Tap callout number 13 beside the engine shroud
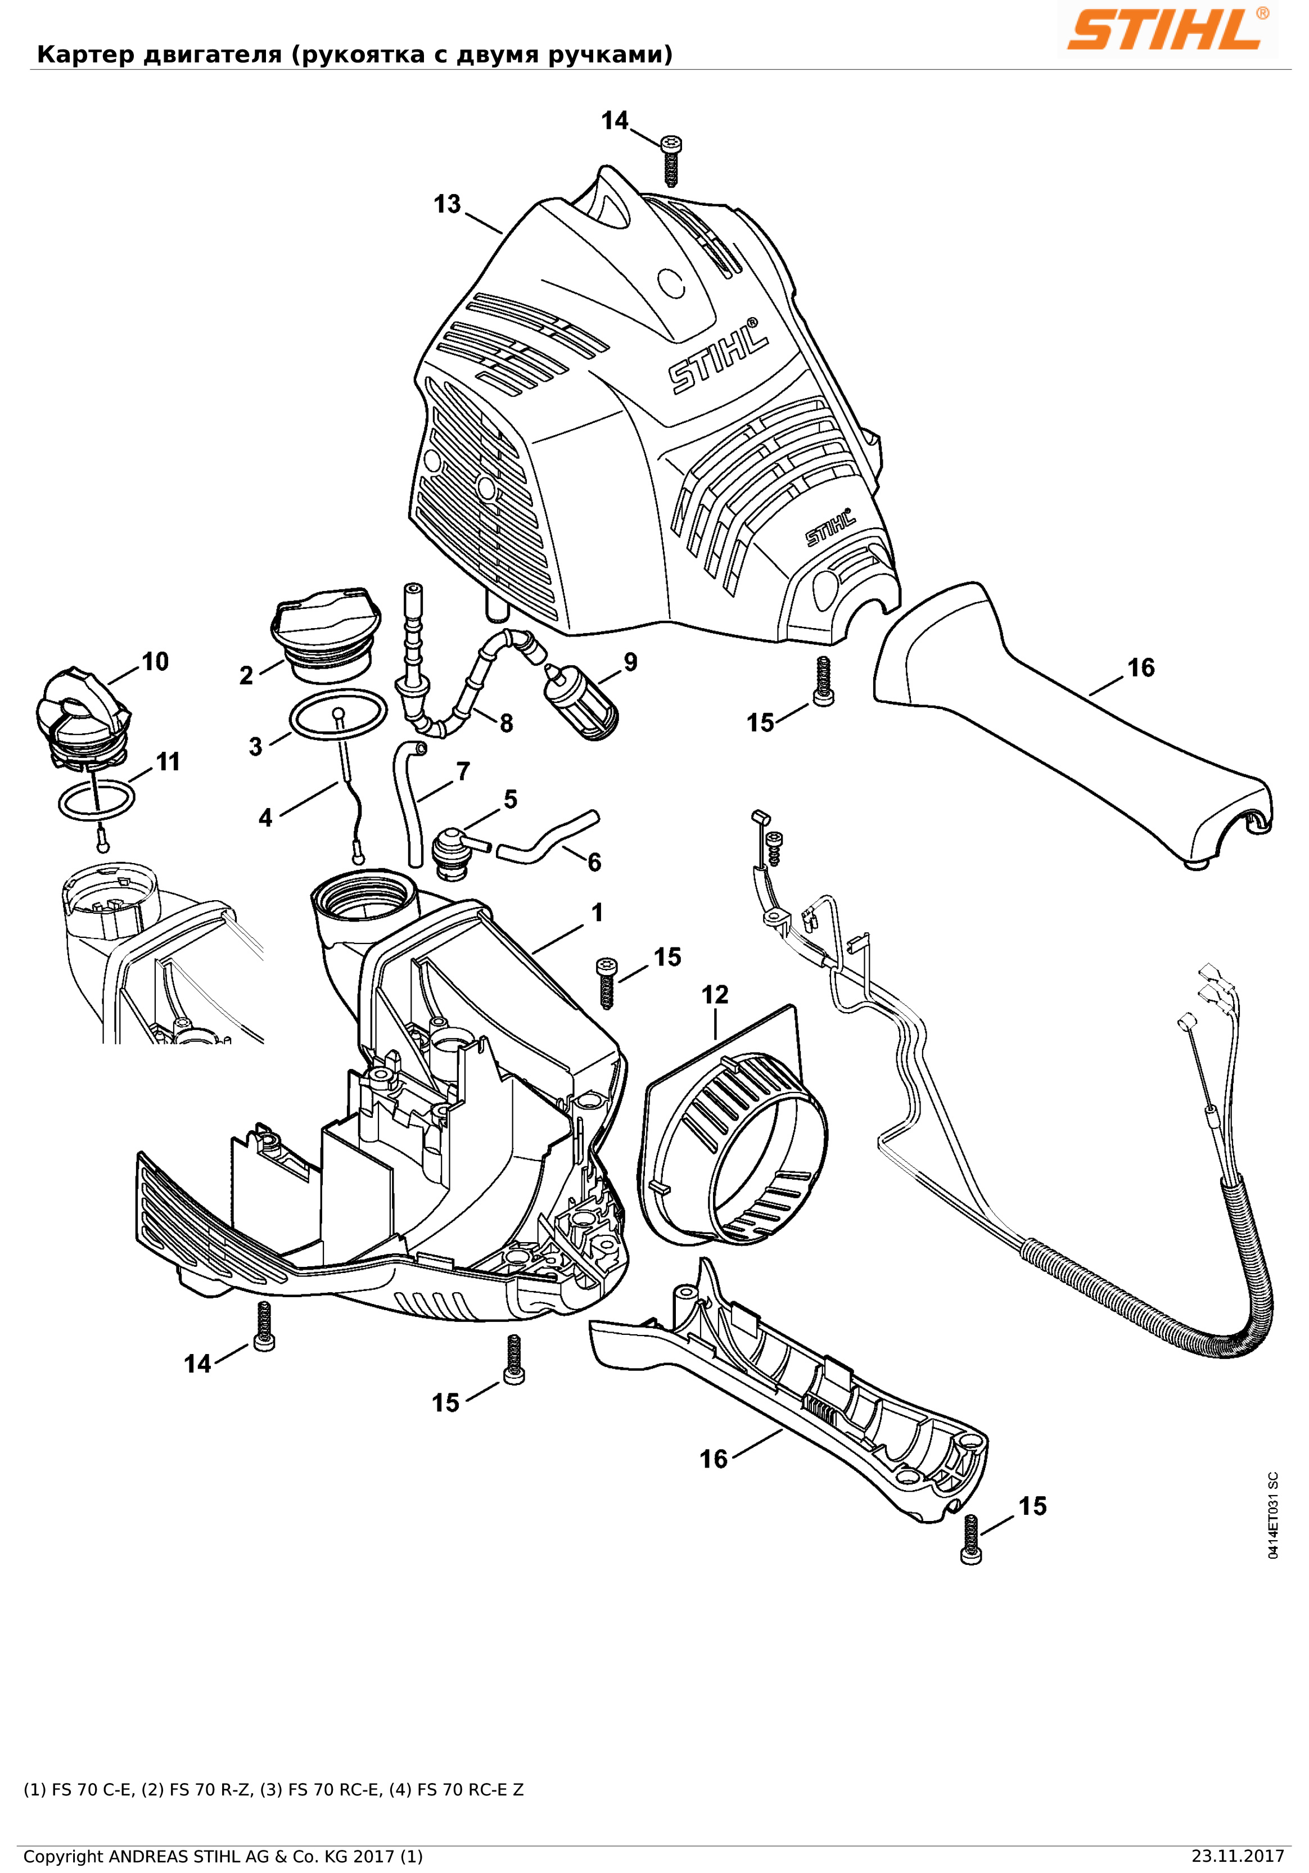(x=447, y=204)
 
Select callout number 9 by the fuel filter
(x=630, y=662)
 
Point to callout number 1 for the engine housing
(x=597, y=912)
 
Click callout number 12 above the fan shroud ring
(x=715, y=995)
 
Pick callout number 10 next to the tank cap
(x=155, y=662)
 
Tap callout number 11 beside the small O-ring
(x=167, y=761)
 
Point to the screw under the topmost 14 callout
(x=671, y=161)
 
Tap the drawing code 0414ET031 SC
(x=1273, y=1516)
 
